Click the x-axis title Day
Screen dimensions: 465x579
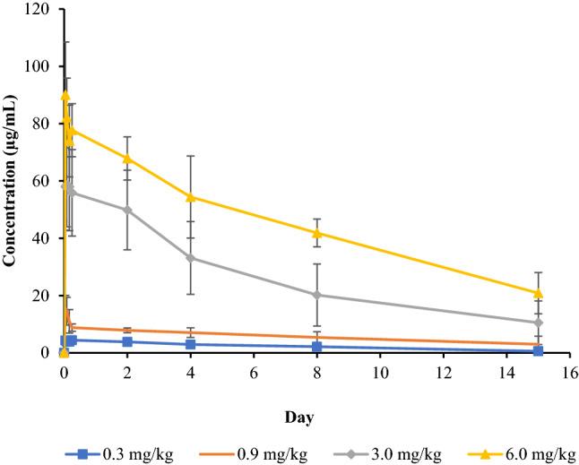tap(315, 418)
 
